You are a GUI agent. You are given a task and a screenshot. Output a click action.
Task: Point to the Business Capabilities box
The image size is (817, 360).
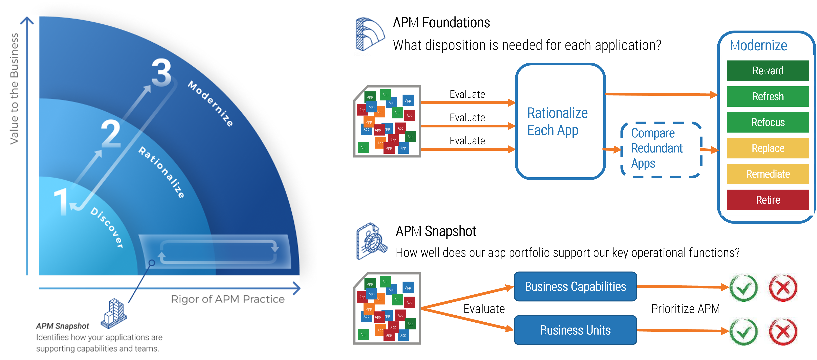(575, 286)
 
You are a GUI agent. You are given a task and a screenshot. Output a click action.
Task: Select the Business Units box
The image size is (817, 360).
(575, 330)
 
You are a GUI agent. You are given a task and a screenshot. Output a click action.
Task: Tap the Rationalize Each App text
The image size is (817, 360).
(557, 122)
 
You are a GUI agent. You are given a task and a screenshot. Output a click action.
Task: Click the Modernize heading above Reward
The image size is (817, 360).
(758, 45)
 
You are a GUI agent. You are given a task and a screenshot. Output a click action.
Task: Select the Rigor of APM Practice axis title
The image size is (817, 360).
(228, 299)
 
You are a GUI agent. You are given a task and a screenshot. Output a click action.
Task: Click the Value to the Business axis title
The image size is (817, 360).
(14, 89)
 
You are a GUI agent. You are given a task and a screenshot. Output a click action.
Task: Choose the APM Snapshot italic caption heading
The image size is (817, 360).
(62, 326)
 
